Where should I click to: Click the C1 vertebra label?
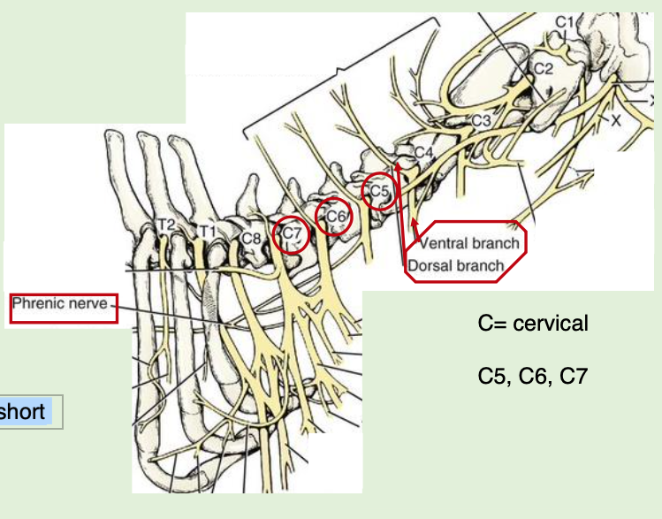(564, 20)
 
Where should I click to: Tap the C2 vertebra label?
(542, 67)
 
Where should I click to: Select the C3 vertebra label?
(481, 120)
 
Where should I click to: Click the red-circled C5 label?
(378, 190)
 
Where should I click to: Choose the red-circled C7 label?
(293, 235)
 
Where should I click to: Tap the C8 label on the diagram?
(251, 237)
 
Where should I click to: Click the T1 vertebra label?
(207, 231)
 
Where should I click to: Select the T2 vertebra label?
(165, 225)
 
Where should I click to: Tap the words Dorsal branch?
(456, 264)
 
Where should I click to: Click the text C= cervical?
(532, 324)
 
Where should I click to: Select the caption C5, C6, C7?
(532, 377)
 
